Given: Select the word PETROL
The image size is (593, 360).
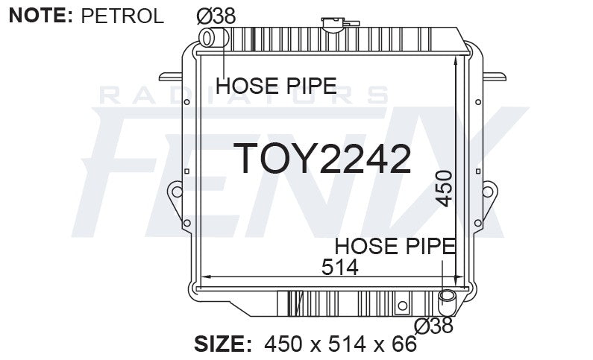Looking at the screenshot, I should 122,16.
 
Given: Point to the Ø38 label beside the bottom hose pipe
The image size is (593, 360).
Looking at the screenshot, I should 434,326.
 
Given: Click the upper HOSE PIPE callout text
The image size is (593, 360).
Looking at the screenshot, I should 275,86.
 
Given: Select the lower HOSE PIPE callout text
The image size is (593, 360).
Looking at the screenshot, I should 395,246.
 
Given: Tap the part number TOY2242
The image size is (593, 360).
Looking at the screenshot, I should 322,158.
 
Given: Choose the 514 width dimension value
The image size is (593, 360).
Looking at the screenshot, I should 339,267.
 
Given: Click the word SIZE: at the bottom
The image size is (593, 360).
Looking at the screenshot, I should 223,344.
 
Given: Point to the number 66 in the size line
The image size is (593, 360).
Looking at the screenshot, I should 404,344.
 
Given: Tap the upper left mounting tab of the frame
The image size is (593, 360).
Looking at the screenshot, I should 171,75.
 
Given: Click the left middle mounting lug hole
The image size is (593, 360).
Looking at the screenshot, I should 176,192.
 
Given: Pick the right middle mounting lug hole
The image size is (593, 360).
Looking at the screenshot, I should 489,192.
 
